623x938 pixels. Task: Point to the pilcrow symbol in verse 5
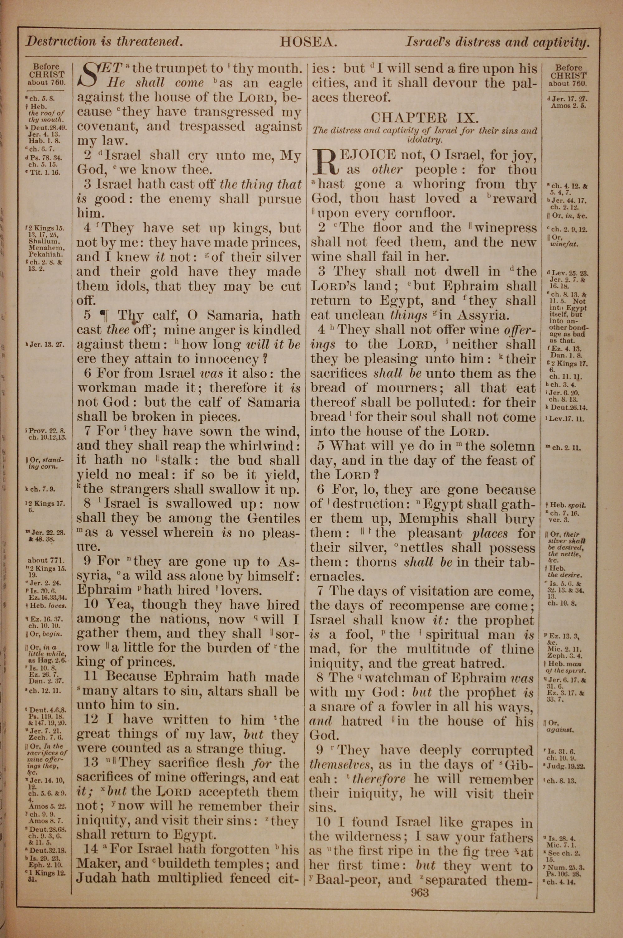(105, 316)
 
